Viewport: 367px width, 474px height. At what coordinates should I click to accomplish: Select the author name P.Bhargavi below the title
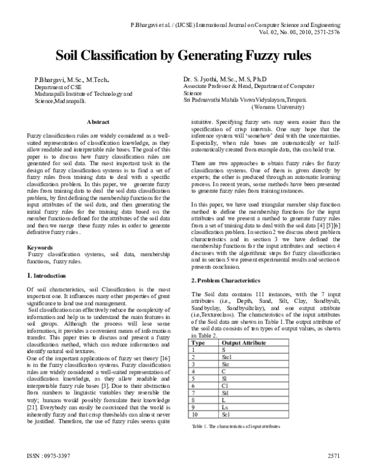point(46,80)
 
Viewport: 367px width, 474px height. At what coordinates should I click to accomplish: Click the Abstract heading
point(98,122)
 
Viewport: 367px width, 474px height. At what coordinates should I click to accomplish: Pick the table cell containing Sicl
point(227,357)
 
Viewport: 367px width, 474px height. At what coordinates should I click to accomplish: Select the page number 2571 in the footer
point(333,456)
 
